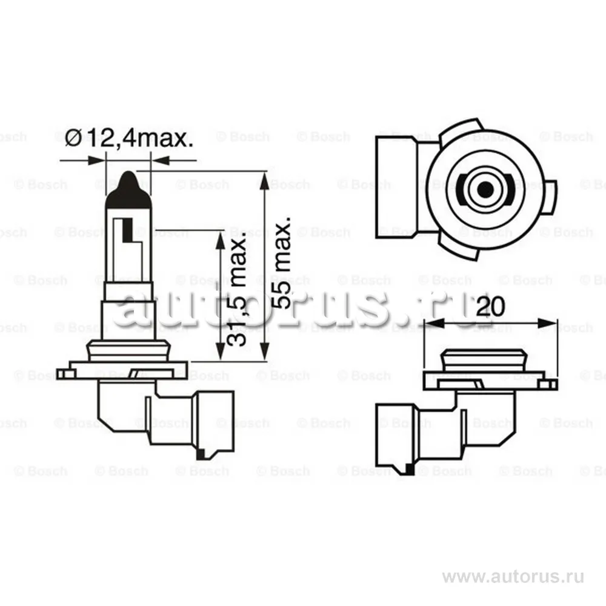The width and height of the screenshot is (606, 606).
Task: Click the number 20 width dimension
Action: [x=490, y=307]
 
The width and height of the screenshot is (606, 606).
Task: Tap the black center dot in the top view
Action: [x=485, y=189]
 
